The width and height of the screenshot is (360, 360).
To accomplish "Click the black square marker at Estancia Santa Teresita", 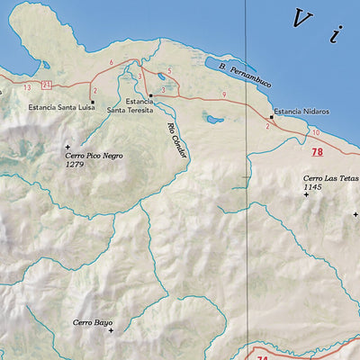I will click(x=151, y=94).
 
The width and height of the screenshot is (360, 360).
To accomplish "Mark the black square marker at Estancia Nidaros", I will click(x=272, y=116).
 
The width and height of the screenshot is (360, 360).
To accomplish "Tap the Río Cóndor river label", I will click(x=176, y=140).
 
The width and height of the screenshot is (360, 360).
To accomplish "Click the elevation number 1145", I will click(x=314, y=186).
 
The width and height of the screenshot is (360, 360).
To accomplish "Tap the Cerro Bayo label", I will click(x=93, y=321).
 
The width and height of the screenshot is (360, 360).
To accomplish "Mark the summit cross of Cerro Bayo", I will click(x=112, y=330).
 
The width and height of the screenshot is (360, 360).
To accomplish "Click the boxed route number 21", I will click(x=45, y=85).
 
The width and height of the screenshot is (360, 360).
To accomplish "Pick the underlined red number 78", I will click(x=317, y=152).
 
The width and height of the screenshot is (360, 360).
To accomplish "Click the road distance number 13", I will click(x=28, y=86).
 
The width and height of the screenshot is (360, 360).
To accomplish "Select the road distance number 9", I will click(x=223, y=94).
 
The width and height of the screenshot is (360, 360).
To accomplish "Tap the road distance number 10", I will click(x=315, y=132).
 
